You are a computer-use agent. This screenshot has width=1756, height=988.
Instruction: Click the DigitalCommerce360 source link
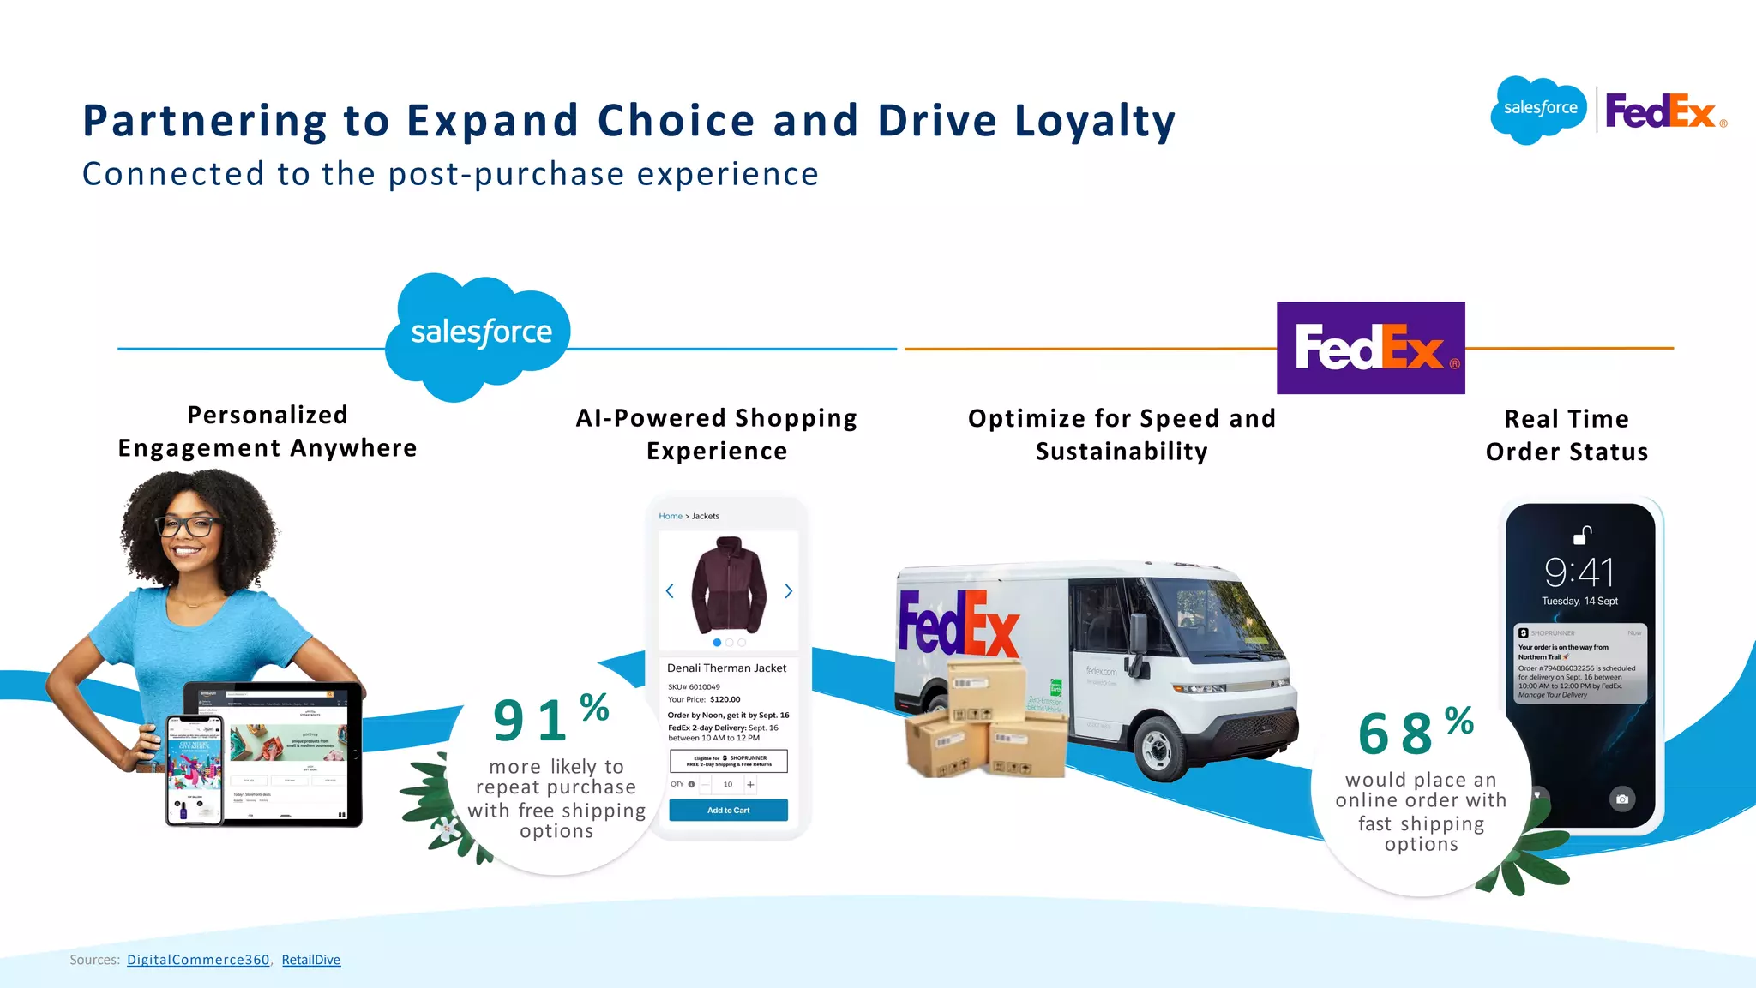point(198,960)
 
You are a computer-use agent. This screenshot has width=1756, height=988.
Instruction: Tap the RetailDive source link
point(310,960)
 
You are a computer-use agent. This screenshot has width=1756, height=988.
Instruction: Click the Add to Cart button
point(728,810)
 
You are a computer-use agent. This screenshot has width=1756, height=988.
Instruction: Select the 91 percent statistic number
point(531,720)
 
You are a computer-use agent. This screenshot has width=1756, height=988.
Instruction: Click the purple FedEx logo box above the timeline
point(1370,348)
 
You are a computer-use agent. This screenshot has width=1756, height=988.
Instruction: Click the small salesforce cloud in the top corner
point(1539,109)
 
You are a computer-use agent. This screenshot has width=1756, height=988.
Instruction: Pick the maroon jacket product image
point(729,584)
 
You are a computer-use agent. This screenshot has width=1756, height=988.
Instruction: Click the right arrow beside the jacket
point(789,591)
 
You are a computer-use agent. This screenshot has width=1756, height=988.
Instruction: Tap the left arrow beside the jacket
point(670,591)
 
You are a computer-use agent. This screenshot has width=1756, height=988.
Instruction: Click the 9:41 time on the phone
point(1579,572)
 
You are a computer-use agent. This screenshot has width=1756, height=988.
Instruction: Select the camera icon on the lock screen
point(1621,799)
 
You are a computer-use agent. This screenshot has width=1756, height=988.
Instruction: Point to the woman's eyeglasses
point(187,525)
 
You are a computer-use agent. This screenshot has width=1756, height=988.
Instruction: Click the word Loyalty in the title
point(1095,121)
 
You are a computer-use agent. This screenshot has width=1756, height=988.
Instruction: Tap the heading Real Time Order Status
point(1567,435)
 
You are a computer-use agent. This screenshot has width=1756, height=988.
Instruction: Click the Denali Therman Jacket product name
point(726,668)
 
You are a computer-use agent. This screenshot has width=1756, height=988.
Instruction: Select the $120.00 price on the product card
point(725,699)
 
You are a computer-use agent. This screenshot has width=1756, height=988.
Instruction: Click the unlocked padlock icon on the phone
point(1582,536)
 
